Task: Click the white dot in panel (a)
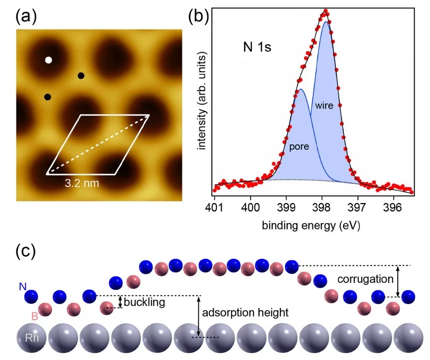click(48, 60)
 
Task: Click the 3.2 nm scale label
click(82, 183)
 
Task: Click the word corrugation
click(365, 279)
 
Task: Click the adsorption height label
click(245, 313)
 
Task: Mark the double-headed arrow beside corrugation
click(398, 281)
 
